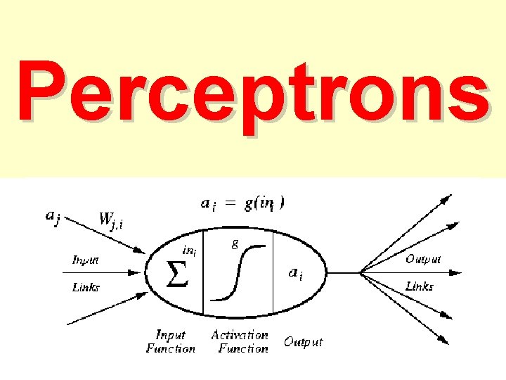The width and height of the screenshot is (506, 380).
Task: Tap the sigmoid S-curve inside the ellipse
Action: tap(239, 273)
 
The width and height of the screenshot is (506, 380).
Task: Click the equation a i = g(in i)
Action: tap(242, 204)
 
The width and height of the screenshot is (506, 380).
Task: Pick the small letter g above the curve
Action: tap(234, 244)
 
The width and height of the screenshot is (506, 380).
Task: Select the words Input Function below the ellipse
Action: tap(170, 341)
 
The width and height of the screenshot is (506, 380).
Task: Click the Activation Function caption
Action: tap(240, 341)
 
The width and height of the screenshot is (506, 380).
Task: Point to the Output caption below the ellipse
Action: tap(303, 342)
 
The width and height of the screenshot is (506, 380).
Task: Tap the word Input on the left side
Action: tap(86, 260)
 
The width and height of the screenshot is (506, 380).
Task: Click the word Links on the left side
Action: tap(86, 287)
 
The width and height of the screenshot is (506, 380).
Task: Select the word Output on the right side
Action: tap(423, 260)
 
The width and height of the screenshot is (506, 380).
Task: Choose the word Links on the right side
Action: tap(420, 286)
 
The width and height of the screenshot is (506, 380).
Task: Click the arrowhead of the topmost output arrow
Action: tap(446, 200)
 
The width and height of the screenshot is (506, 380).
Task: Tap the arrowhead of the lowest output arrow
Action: tap(445, 341)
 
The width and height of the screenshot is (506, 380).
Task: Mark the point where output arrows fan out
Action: tap(361, 272)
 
